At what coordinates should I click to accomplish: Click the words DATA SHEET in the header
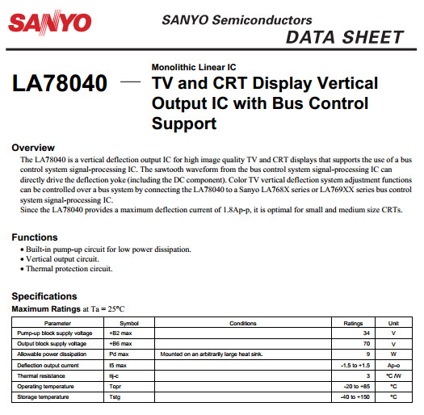pos(344,37)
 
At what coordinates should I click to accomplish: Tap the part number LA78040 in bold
pos(59,84)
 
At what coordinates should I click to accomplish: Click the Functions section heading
pos(35,237)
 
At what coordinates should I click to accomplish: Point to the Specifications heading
pos(44,296)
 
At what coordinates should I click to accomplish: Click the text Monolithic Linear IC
pos(195,66)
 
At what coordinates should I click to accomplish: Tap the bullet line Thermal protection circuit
pos(67,269)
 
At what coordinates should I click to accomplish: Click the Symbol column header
pos(129,323)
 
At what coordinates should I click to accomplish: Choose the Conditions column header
pos(242,323)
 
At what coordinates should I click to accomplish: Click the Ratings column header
pos(354,323)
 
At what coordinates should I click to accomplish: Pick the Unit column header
pos(393,323)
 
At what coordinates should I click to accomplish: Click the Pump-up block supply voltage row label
pos(55,333)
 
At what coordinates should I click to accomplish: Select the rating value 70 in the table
pos(367,343)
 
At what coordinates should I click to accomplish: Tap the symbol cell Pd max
pos(119,354)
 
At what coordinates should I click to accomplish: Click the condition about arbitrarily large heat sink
pos(212,354)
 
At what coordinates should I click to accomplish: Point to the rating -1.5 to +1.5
pos(356,364)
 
